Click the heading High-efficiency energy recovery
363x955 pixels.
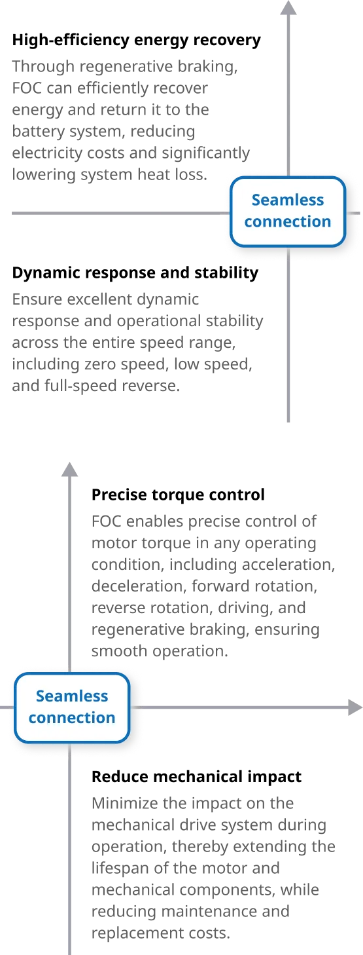pyautogui.click(x=136, y=40)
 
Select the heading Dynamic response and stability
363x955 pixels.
pyautogui.click(x=135, y=273)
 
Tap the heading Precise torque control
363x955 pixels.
pyautogui.click(x=178, y=495)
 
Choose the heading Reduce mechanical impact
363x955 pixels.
pyautogui.click(x=196, y=777)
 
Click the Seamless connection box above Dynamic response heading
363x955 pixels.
pyautogui.click(x=288, y=212)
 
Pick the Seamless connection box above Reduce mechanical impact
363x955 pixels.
pyautogui.click(x=72, y=707)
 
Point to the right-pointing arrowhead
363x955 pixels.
pyautogui.click(x=355, y=707)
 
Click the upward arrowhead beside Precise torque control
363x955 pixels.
pyautogui.click(x=70, y=469)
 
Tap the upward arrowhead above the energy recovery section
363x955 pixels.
pyautogui.click(x=288, y=7)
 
